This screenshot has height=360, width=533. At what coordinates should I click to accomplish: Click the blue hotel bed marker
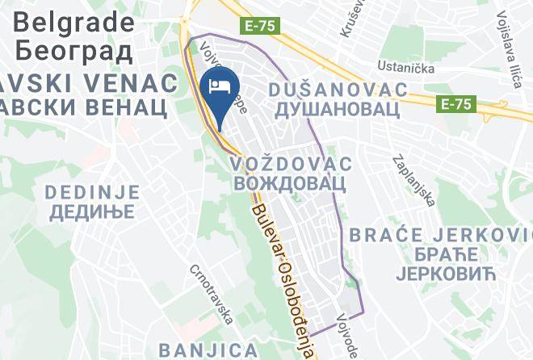tap(220, 86)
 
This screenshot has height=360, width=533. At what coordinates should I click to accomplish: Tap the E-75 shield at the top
tap(260, 26)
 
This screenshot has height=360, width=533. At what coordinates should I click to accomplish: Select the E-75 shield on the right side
tap(458, 104)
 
